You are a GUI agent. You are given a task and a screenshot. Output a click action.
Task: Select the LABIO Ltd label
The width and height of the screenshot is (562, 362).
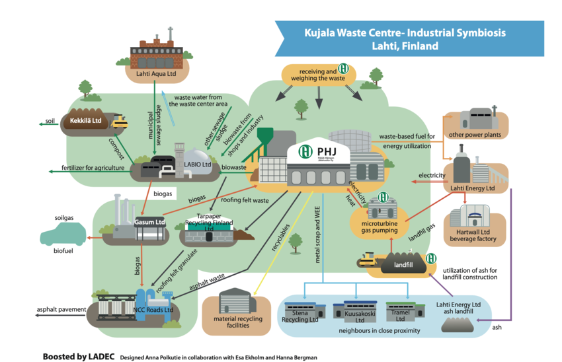point(197,164)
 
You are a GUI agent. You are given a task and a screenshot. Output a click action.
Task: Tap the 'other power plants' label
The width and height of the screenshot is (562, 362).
point(475,135)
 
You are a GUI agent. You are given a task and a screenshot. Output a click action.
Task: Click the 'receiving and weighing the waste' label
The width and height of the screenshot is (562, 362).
point(315,75)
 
